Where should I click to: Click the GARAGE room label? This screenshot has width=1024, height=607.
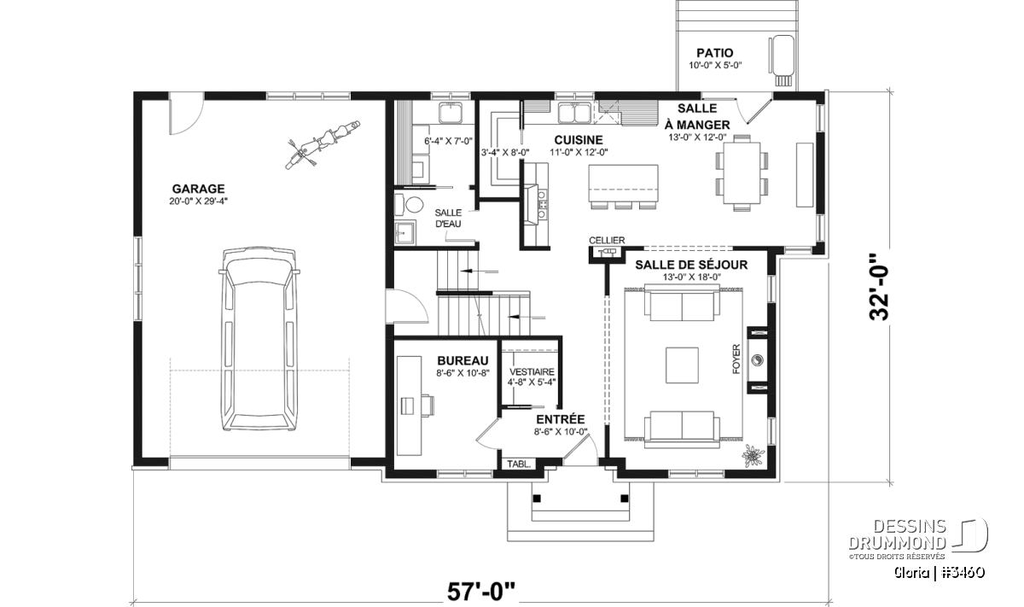point(198,189)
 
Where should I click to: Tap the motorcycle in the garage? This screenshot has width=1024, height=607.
point(323,144)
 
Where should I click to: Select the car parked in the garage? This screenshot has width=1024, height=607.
point(259,340)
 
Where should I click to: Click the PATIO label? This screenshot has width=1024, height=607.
point(715,53)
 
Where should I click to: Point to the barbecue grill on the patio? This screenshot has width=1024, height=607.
point(783,61)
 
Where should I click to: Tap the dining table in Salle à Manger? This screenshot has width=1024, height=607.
point(742,172)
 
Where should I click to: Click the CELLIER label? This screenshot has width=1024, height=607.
point(607,240)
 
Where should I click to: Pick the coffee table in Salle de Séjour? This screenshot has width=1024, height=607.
point(682,365)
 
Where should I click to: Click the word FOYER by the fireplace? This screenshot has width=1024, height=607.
point(736,359)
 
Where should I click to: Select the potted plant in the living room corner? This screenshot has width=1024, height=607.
point(753,455)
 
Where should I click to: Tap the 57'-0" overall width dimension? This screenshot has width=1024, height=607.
point(481,592)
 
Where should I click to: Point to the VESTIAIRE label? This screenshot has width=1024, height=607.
point(532,372)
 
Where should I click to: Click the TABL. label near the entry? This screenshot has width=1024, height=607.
point(519,464)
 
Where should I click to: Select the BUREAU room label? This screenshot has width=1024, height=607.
point(463,361)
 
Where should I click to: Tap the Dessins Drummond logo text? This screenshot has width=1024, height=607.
point(897,534)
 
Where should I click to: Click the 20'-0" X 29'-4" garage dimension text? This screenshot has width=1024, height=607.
point(198,201)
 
